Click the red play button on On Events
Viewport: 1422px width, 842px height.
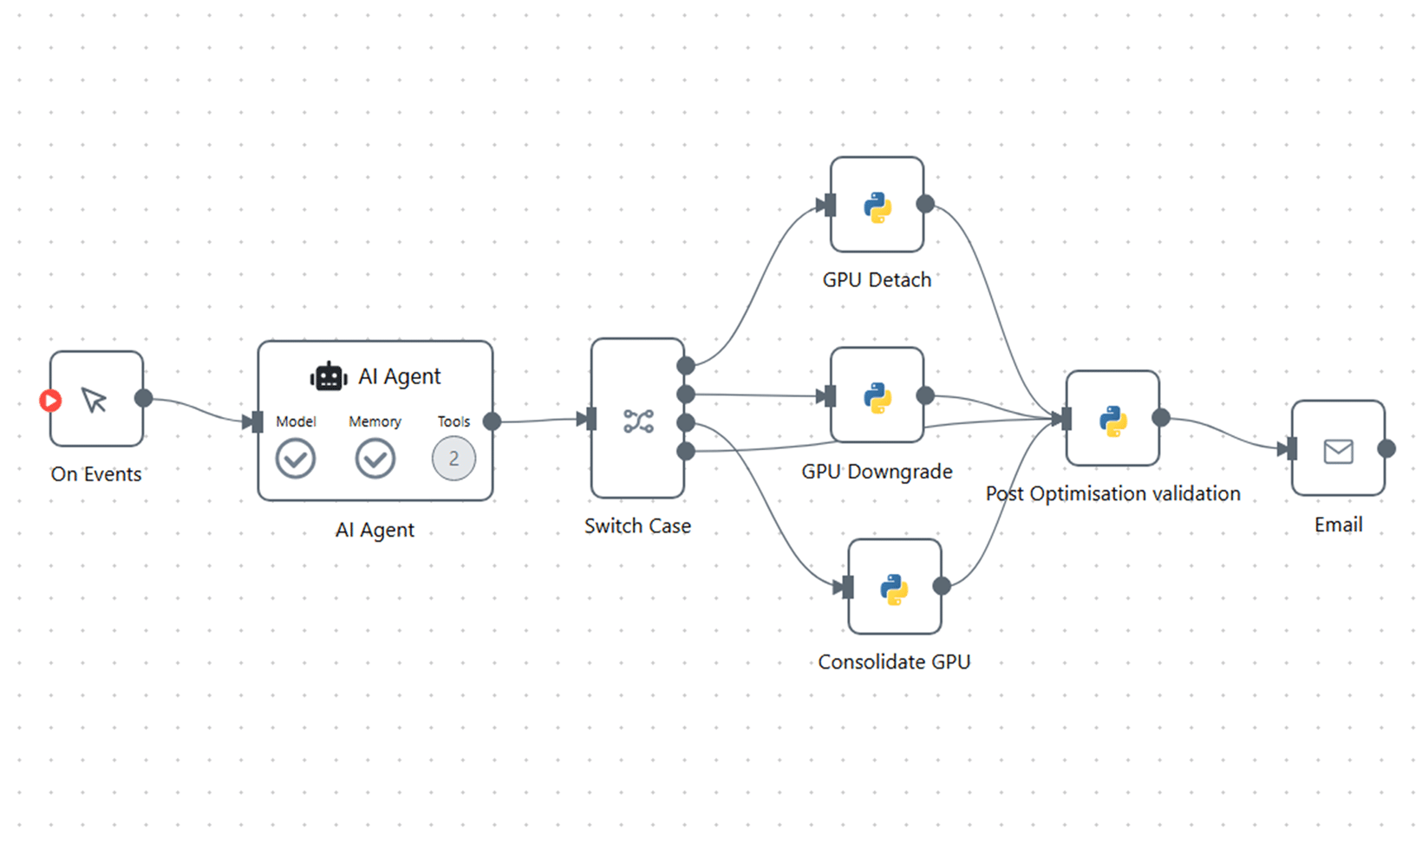tap(50, 401)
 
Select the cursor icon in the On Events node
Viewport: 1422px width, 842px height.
tap(95, 400)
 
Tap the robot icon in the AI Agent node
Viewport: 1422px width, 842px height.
tap(329, 377)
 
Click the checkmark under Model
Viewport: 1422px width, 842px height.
tap(296, 459)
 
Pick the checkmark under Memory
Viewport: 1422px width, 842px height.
tap(375, 459)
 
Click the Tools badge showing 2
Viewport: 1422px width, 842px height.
tap(453, 459)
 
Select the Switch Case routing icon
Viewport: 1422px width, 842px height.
tap(638, 421)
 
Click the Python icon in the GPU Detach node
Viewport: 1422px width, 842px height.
tap(877, 208)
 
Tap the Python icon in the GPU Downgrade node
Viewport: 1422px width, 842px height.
tap(877, 397)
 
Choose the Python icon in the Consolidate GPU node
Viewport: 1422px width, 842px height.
tap(894, 590)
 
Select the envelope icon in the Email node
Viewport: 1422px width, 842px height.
tap(1338, 451)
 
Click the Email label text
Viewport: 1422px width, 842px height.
tap(1338, 525)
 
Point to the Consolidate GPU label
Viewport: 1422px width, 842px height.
tap(894, 662)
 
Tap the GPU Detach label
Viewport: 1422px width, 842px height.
tap(877, 280)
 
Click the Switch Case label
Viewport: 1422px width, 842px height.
tap(637, 526)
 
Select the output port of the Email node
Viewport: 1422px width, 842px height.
tap(1386, 448)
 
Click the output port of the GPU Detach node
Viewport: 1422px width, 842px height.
tap(925, 204)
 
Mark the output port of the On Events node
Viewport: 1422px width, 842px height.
tap(144, 398)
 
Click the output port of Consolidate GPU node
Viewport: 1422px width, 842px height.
tap(942, 586)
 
